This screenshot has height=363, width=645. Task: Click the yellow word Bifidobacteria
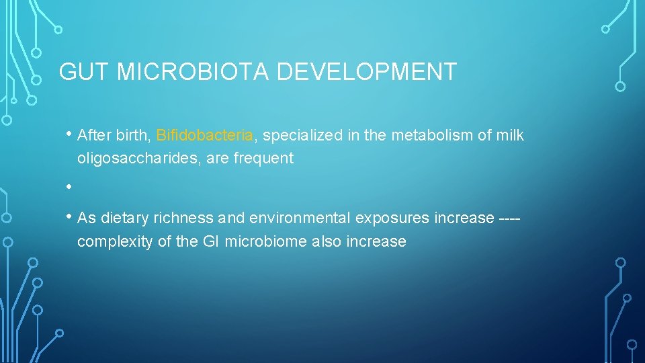(x=204, y=136)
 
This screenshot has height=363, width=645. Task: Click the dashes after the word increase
(x=511, y=218)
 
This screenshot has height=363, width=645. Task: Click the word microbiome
(x=267, y=241)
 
